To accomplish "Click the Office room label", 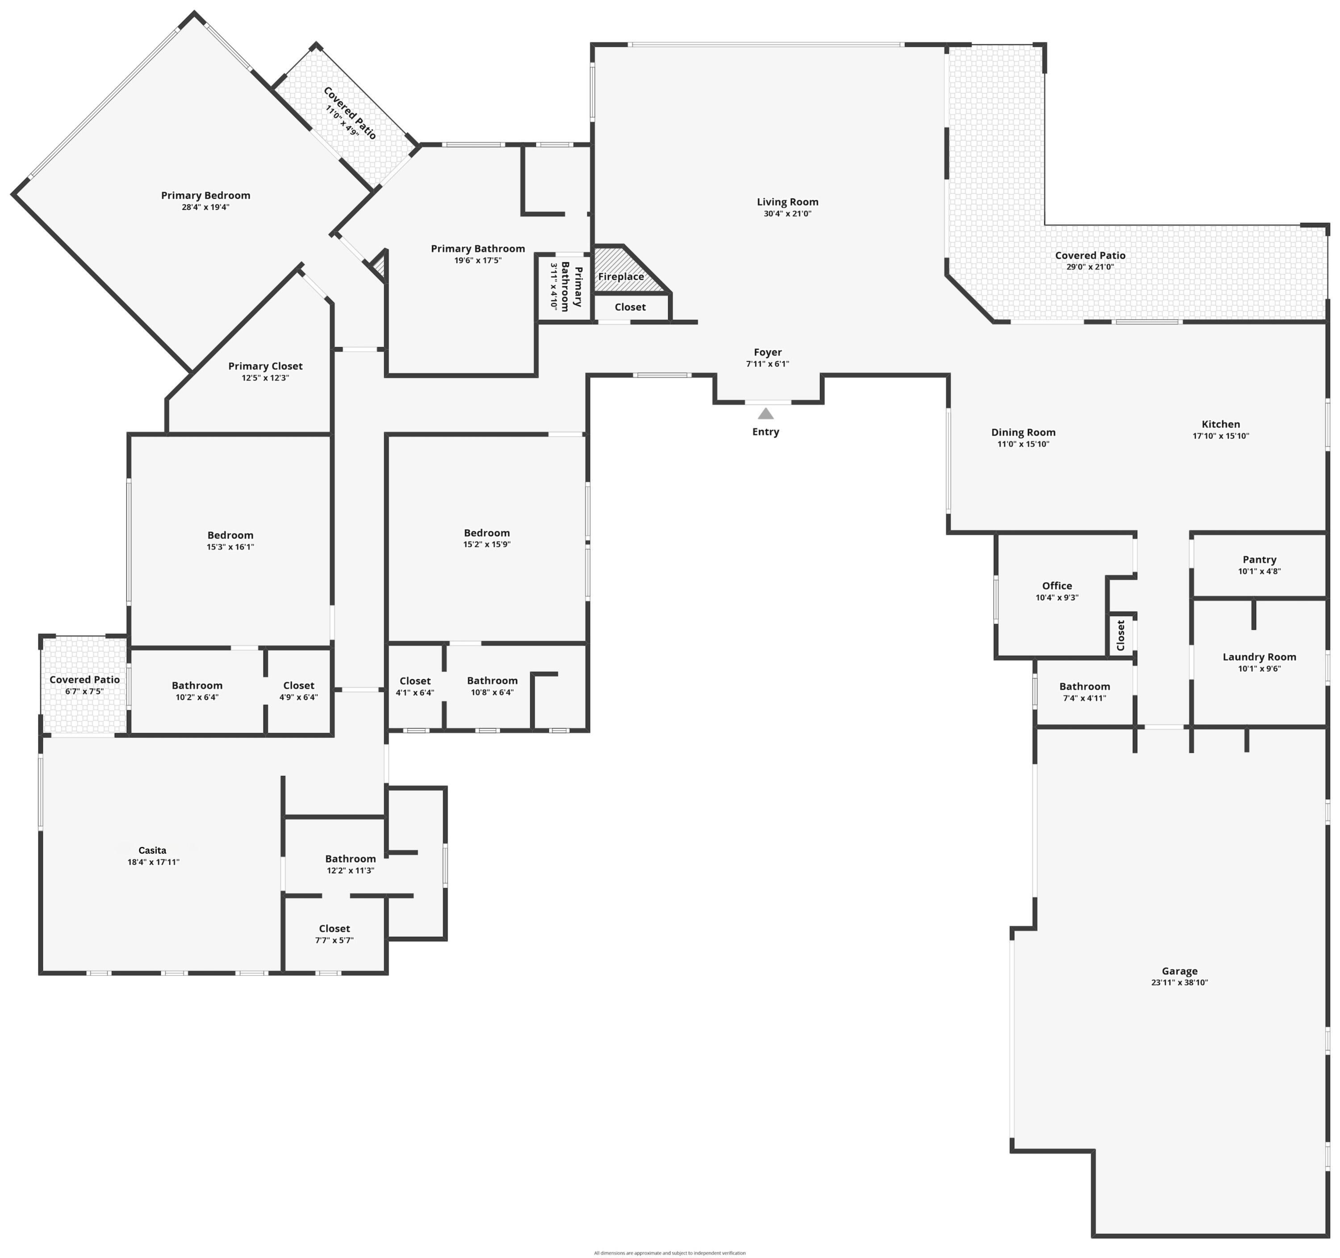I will pyautogui.click(x=1056, y=586).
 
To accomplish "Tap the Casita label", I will pyautogui.click(x=152, y=850).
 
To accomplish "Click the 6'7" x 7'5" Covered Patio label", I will pyautogui.click(x=84, y=679).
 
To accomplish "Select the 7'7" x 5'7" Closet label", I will pyautogui.click(x=334, y=928).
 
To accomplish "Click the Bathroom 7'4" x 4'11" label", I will pyautogui.click(x=1084, y=686).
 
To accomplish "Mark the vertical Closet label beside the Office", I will pyautogui.click(x=1120, y=635).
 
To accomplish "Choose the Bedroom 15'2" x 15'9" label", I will pyautogui.click(x=487, y=533).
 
